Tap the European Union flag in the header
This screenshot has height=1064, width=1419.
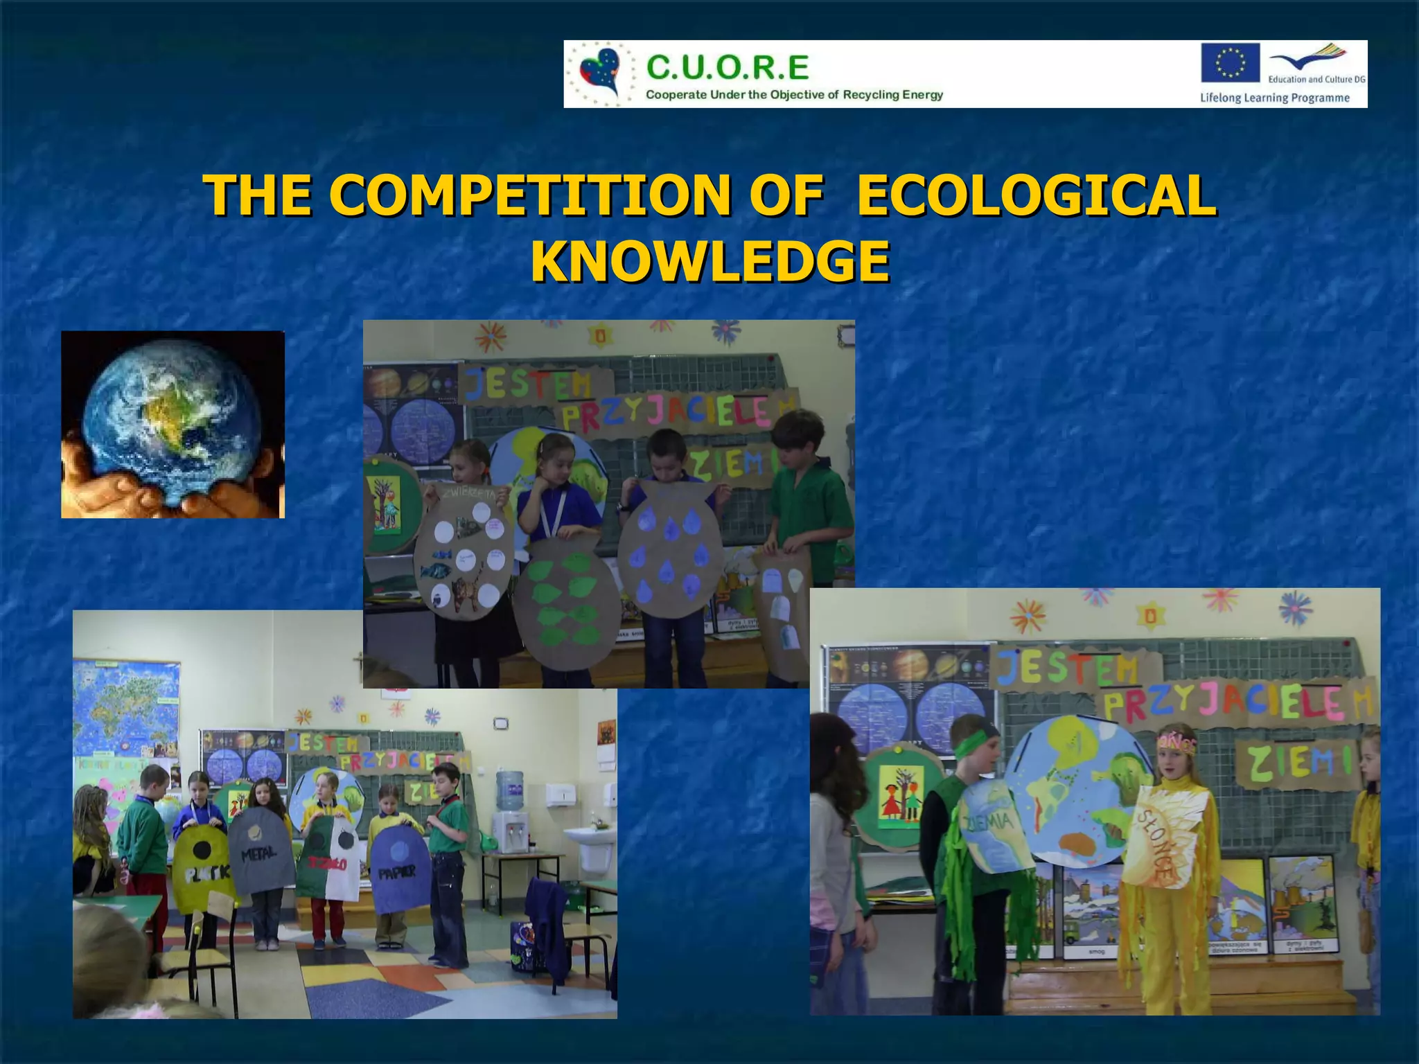(x=1230, y=62)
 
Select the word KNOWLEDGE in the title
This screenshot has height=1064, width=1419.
(x=709, y=261)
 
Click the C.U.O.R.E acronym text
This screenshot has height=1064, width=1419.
(x=728, y=68)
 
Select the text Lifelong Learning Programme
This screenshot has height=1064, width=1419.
(x=1274, y=98)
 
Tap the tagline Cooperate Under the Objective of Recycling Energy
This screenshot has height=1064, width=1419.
(x=794, y=94)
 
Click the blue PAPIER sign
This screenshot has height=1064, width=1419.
(x=396, y=869)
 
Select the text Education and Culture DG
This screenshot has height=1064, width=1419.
(x=1316, y=79)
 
